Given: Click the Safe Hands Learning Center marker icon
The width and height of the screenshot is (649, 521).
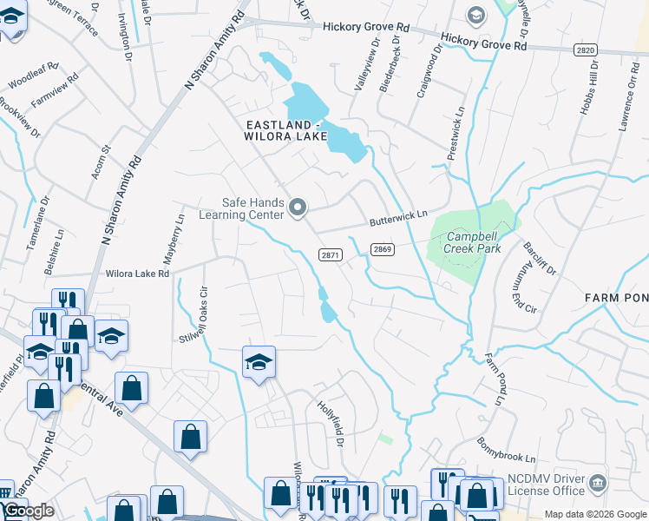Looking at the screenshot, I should (x=298, y=207).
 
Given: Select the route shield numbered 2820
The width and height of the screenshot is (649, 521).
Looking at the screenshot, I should (x=585, y=50).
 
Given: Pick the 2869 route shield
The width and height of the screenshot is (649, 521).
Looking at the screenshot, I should (x=383, y=249).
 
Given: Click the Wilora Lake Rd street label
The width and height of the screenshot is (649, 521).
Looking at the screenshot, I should (x=137, y=273).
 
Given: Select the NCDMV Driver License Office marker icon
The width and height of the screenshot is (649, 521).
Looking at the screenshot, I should (x=597, y=482).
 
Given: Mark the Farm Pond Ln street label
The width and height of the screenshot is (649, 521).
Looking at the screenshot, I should (x=494, y=379).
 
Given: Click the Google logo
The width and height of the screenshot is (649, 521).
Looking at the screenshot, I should (x=28, y=511).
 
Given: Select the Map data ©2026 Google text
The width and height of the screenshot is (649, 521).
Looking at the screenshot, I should (x=594, y=514).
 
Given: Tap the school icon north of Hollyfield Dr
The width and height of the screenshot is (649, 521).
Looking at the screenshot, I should (x=259, y=361).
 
